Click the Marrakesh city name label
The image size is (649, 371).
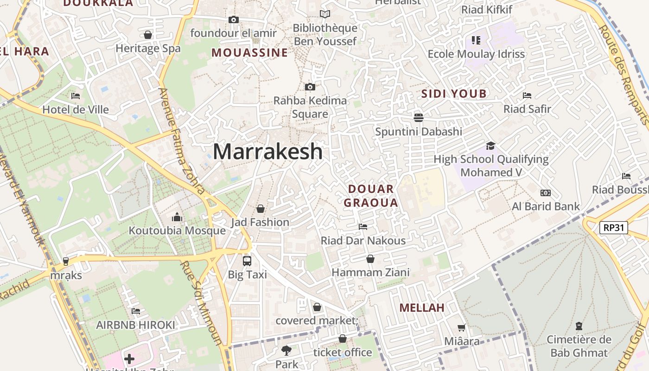pos(267,152)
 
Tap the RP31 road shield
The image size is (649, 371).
pos(613,228)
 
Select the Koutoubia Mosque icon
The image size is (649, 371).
pos(177,217)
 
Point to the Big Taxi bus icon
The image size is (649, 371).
pos(247,261)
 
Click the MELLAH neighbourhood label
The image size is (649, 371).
pos(422,307)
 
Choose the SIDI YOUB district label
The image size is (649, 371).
pos(454,94)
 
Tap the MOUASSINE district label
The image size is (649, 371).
pos(250,52)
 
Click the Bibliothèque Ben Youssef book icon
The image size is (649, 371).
pos(325,14)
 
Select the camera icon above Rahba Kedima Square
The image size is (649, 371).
pos(310,87)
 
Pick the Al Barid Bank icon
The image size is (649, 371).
pos(545,193)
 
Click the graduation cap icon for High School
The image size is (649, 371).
pos(490,146)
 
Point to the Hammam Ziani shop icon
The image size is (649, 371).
pos(370,259)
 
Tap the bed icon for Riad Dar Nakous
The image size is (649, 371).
pos(363,227)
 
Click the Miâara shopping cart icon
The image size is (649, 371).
pos(461,328)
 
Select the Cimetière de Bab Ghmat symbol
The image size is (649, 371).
pos(579,326)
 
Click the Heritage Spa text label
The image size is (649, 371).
pos(148,48)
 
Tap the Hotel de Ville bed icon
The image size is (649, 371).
pos(76,96)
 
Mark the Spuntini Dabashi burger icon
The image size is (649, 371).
pos(419,117)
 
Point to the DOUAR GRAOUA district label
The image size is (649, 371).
pos(371,196)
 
